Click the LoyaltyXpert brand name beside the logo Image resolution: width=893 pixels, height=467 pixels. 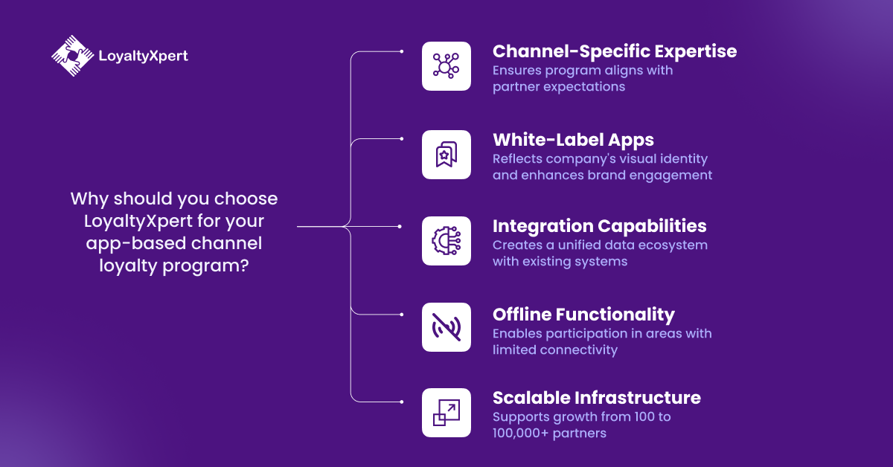(143, 56)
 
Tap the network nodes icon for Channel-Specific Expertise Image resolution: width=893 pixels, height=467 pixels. (446, 66)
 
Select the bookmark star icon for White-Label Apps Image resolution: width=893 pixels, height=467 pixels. (446, 155)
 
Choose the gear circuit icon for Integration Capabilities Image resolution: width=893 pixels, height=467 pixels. (446, 241)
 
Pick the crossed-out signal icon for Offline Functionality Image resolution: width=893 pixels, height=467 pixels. (446, 327)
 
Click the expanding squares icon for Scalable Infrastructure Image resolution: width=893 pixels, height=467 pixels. (446, 413)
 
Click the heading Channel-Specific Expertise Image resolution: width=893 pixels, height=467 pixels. (615, 51)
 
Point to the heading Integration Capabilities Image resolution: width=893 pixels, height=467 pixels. (600, 226)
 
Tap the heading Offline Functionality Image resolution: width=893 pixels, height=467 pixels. (583, 314)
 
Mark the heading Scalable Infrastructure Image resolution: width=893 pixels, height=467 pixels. (597, 398)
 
